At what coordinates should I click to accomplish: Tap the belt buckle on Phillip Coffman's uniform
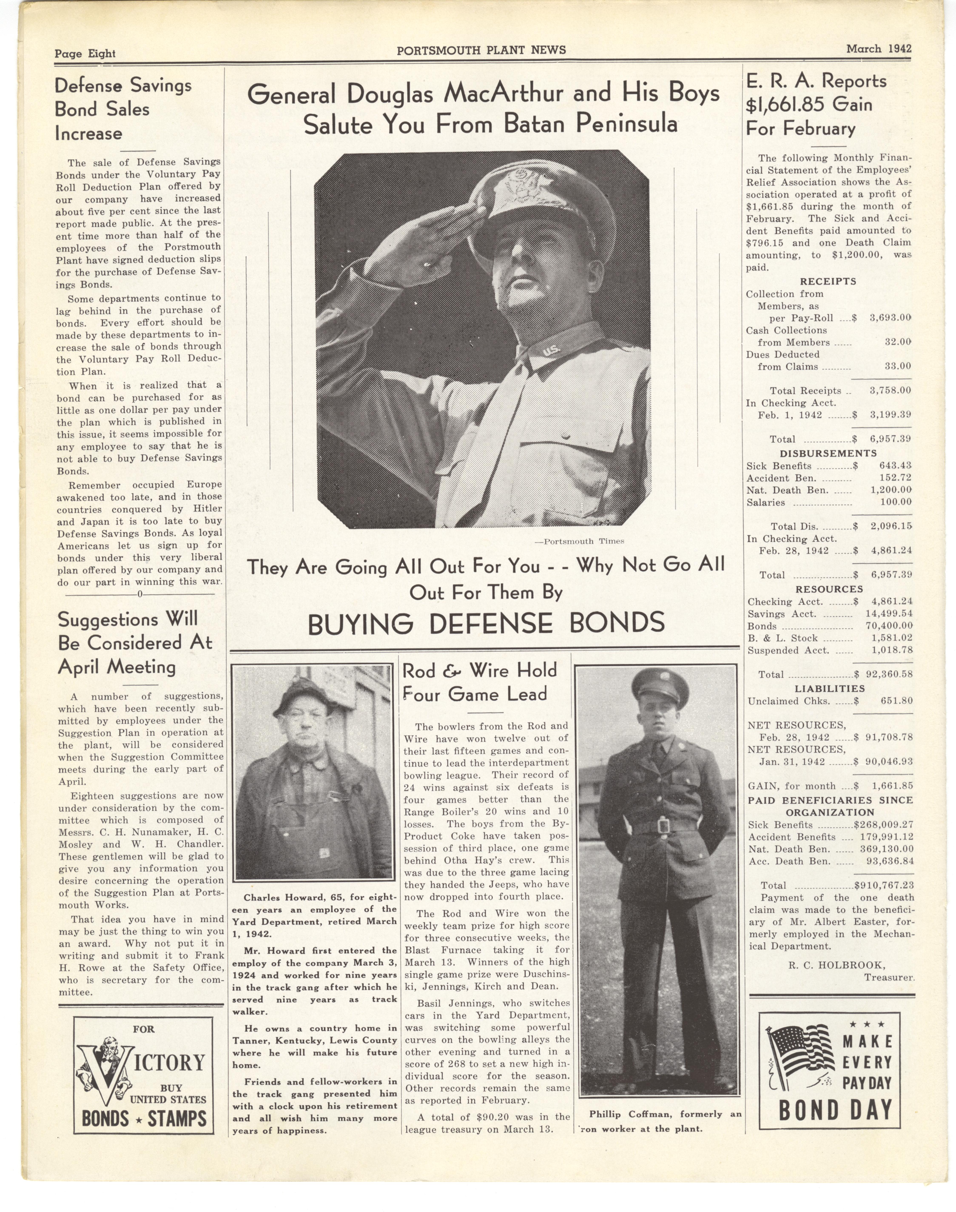point(662,826)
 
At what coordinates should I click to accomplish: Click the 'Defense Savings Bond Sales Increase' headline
point(123,109)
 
